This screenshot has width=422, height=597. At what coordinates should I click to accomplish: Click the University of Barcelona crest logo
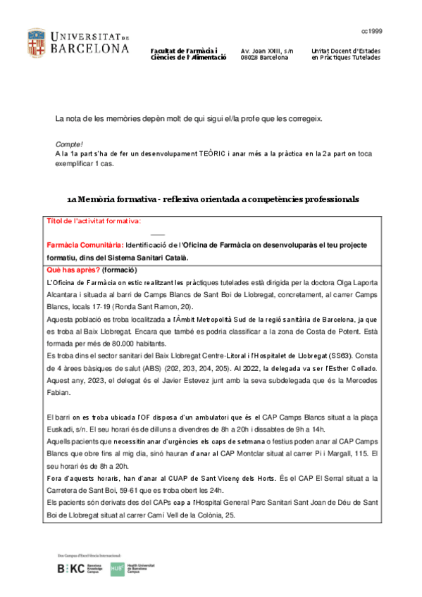(x=37, y=44)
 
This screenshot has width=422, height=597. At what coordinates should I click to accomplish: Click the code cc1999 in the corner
(x=371, y=32)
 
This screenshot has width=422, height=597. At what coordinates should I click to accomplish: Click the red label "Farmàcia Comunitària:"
(x=85, y=245)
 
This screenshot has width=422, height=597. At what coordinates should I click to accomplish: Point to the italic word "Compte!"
(x=69, y=144)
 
